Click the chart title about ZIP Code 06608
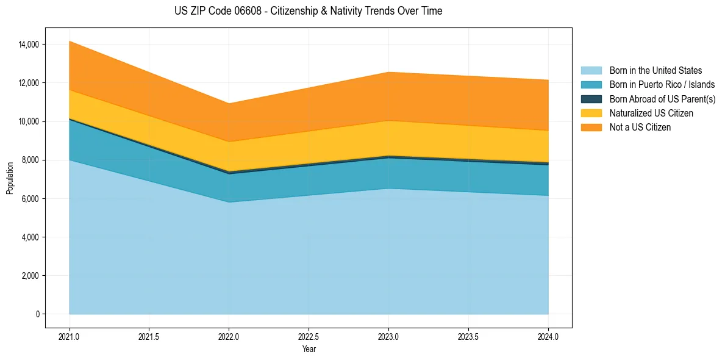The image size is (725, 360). [308, 11]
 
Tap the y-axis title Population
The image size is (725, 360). [10, 178]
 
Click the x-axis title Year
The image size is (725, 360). [309, 349]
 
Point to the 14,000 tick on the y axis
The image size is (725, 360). [29, 45]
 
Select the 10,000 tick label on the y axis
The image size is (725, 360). [29, 121]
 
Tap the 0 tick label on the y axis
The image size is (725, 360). [37, 314]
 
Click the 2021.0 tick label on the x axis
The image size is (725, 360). [69, 336]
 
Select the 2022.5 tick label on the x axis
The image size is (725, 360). [309, 336]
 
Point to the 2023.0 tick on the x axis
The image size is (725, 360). [388, 336]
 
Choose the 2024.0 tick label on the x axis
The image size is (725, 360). [548, 336]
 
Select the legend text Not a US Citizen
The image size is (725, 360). [640, 128]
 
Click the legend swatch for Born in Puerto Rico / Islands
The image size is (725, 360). [591, 85]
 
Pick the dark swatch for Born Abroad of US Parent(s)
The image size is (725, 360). [591, 99]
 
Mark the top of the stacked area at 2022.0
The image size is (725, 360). [229, 103]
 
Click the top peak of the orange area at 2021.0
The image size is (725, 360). [70, 41]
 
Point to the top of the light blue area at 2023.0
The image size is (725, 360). [388, 189]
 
